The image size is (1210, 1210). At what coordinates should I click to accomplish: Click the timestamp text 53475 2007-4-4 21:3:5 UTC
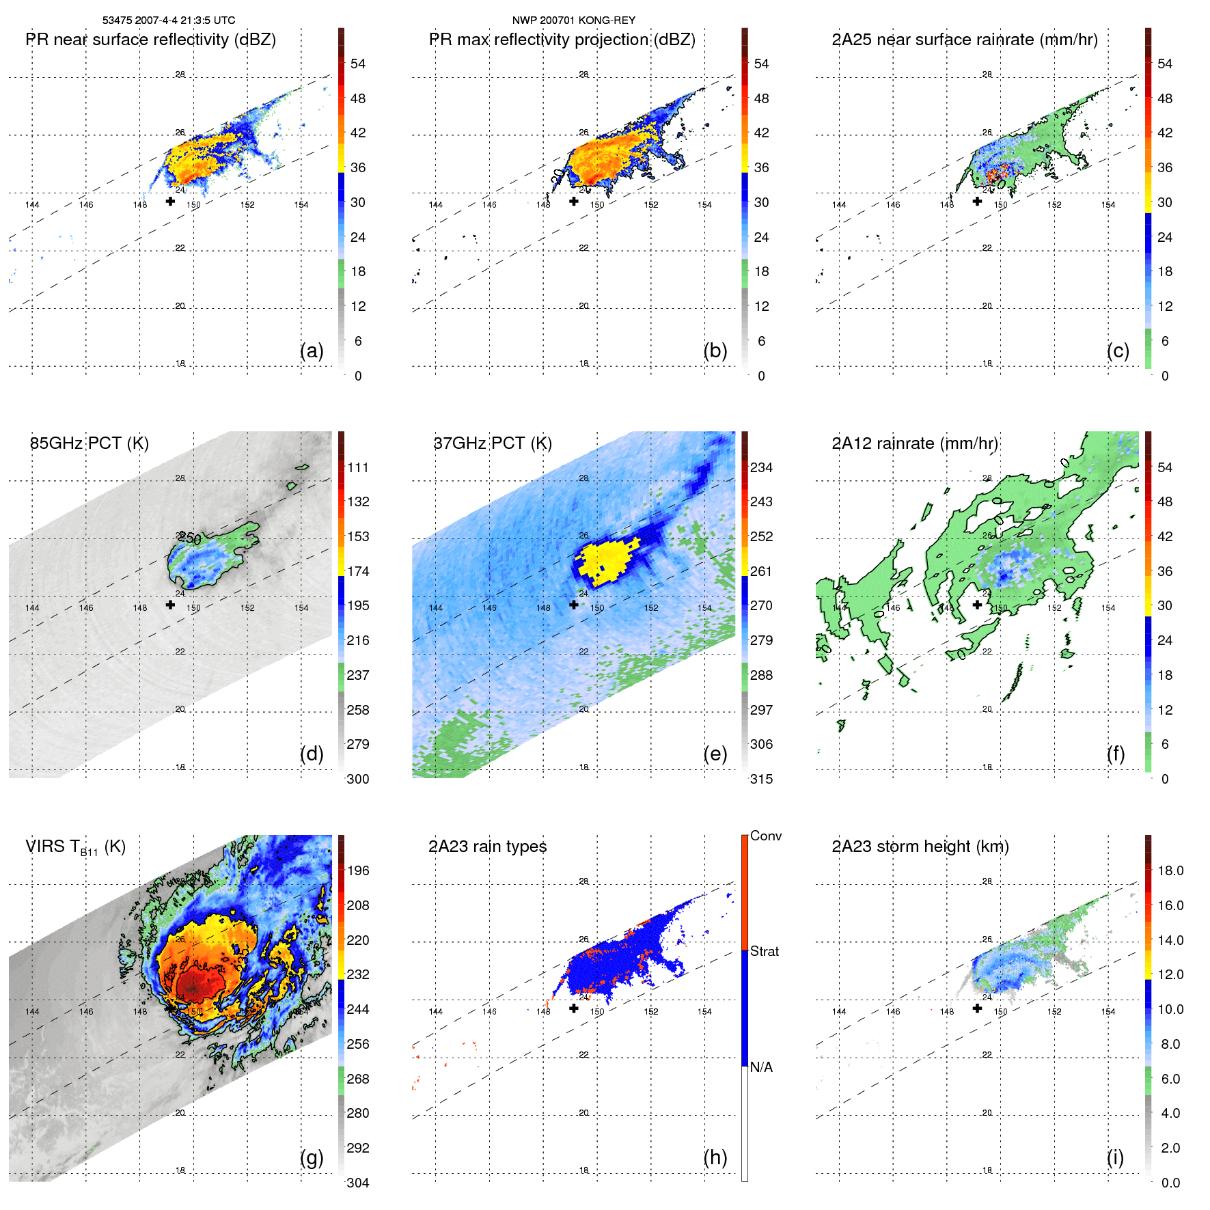coord(169,20)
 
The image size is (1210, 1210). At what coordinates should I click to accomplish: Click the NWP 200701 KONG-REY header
coord(574,20)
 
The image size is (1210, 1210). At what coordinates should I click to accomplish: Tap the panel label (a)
coord(312,350)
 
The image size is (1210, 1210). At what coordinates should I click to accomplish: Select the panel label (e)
coord(715,754)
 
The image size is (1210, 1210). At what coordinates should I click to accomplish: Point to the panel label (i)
coord(1115,1157)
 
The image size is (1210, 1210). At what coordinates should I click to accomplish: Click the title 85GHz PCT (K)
coord(90,443)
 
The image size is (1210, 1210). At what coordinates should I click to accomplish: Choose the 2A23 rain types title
coord(488,847)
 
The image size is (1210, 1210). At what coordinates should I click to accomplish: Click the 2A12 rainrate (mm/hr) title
coord(915,443)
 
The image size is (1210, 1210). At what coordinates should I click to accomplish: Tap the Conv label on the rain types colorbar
coord(766,836)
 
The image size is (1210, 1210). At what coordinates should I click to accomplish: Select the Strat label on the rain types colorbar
coord(765,951)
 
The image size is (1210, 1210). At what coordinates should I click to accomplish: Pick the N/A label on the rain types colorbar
coord(762,1067)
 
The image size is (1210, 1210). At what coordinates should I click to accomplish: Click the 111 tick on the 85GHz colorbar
coord(358,467)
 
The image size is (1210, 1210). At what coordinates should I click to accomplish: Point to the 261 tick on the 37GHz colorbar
coord(761,571)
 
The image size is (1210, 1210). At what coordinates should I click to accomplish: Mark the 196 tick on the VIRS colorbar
coord(358,870)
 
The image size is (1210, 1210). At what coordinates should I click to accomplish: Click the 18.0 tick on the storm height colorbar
coord(1170,870)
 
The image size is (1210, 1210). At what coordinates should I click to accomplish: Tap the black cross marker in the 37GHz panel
coord(574,605)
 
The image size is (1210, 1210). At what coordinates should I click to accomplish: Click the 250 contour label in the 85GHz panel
coord(190,538)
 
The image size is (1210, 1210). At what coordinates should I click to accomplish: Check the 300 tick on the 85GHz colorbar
coord(358,779)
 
